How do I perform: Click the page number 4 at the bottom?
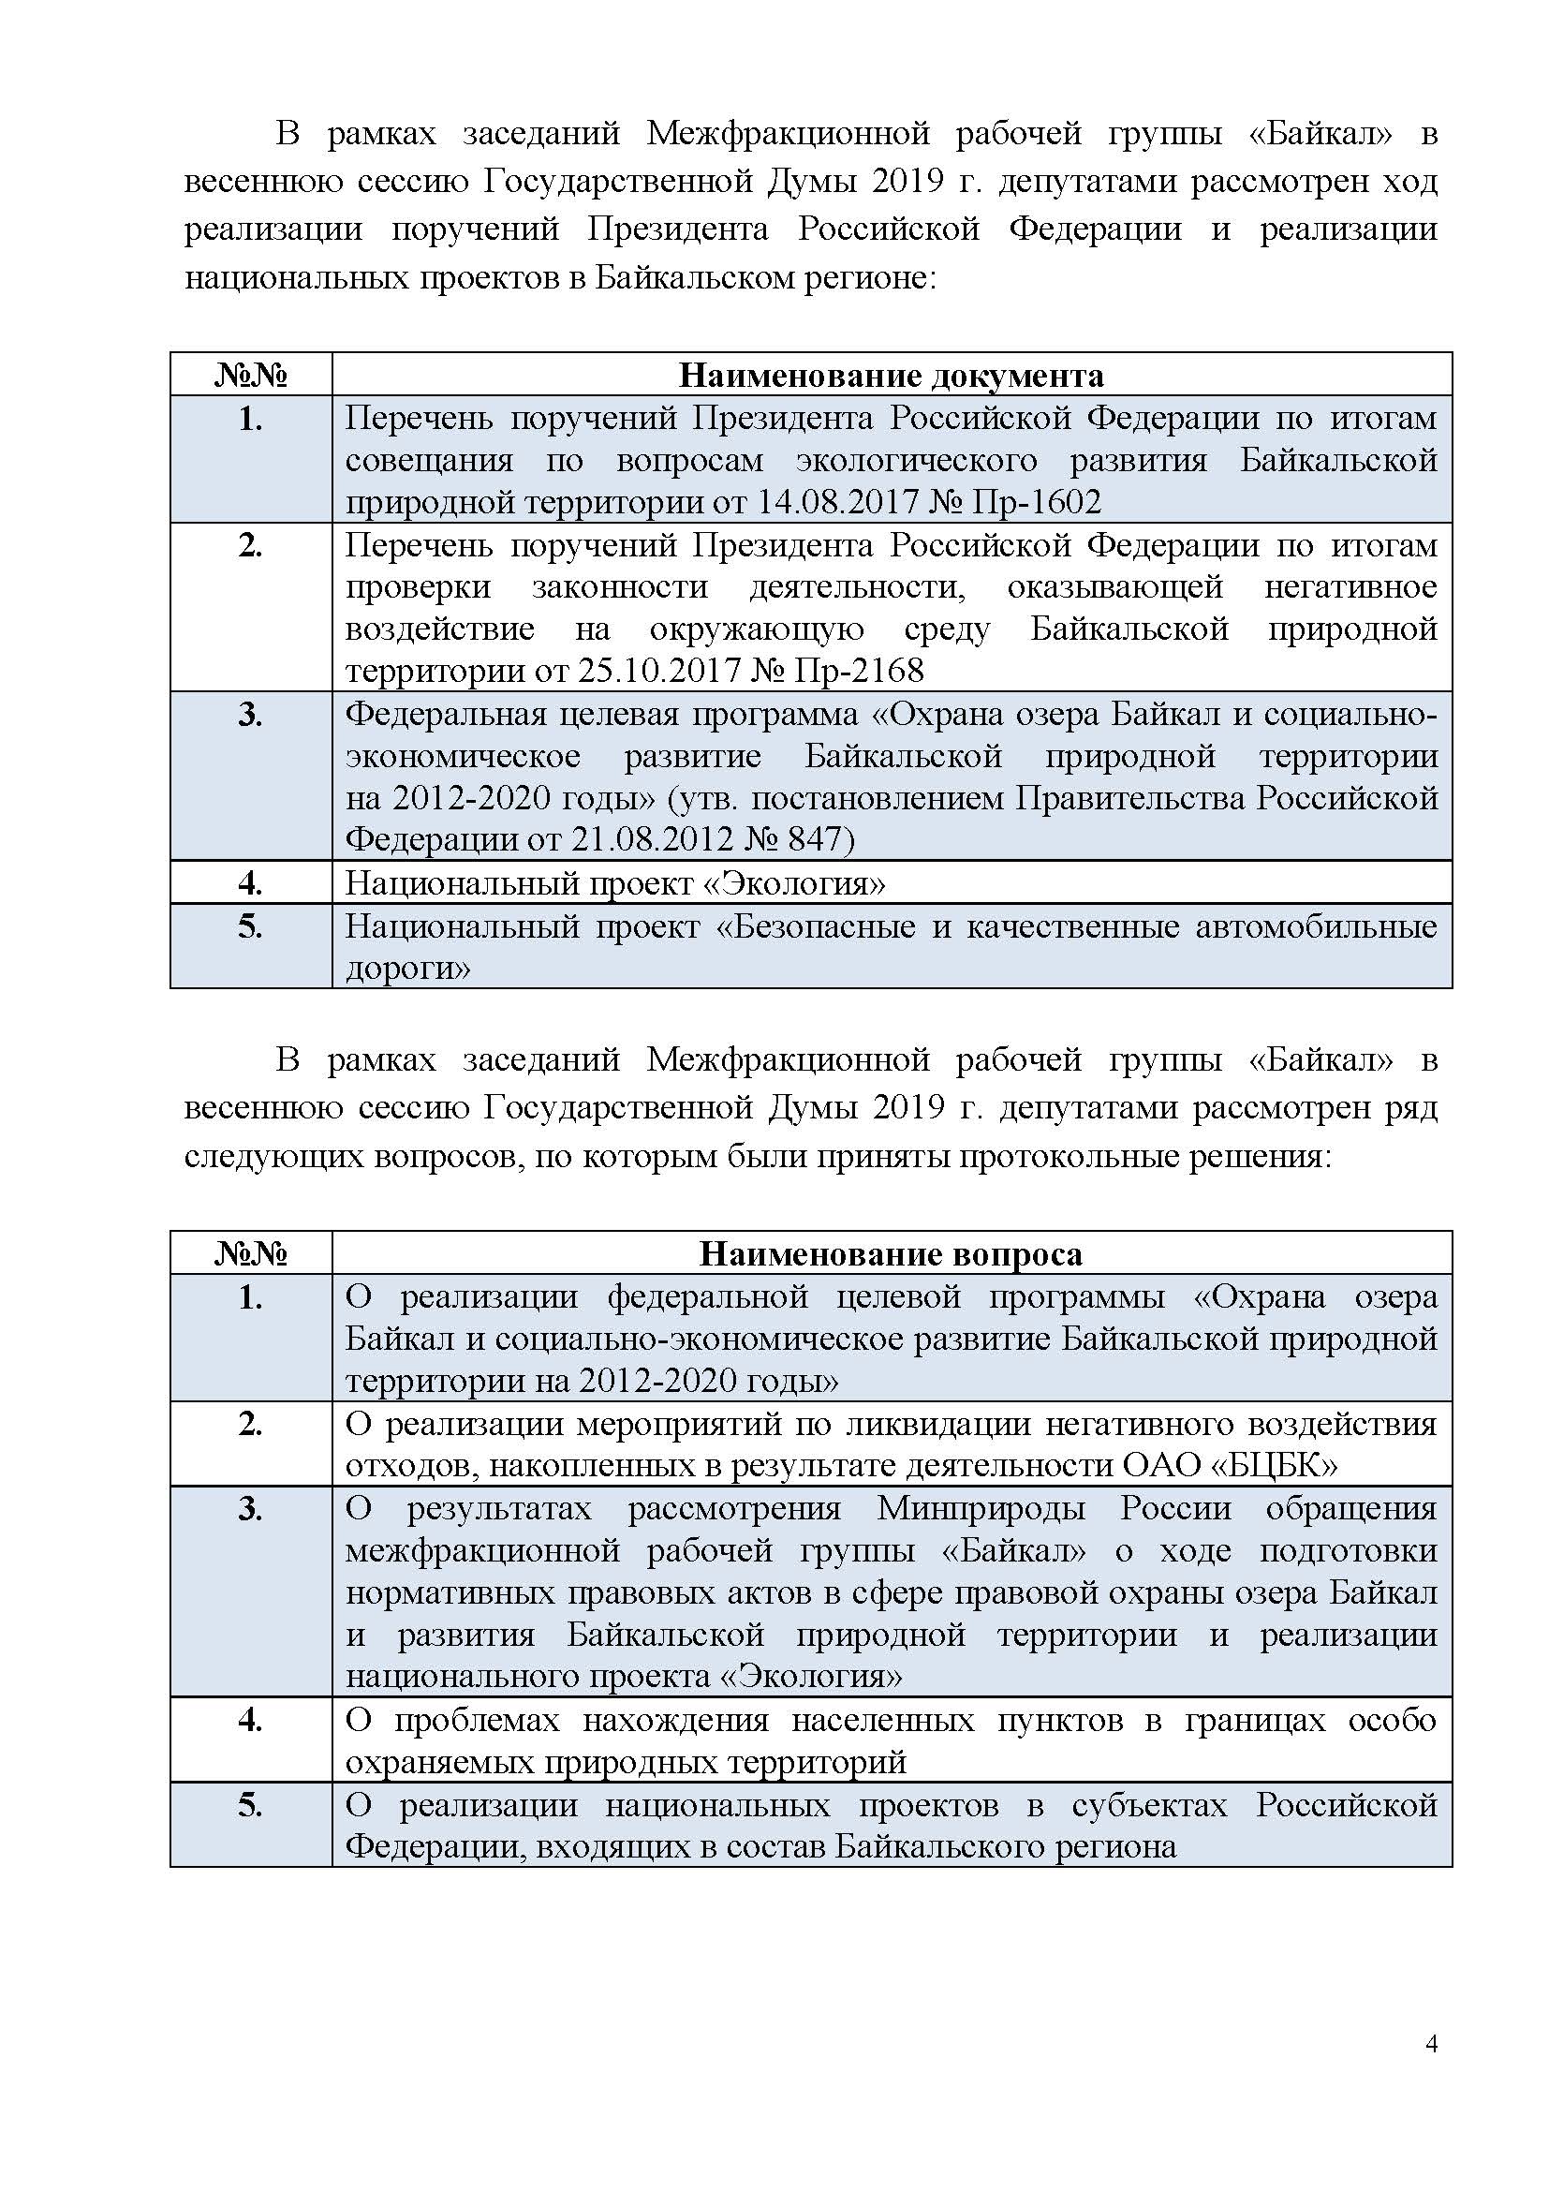(x=1431, y=2070)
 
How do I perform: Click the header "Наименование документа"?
(x=891, y=375)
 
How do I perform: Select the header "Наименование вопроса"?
(x=891, y=1254)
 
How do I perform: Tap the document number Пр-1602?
(x=1036, y=502)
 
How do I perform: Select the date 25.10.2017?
(x=659, y=671)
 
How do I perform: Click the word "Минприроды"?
(x=981, y=1509)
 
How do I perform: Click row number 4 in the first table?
(x=250, y=882)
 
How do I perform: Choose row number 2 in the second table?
(x=250, y=1424)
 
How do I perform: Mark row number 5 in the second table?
(x=250, y=1805)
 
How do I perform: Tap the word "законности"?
(x=620, y=587)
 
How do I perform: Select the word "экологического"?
(x=917, y=461)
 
